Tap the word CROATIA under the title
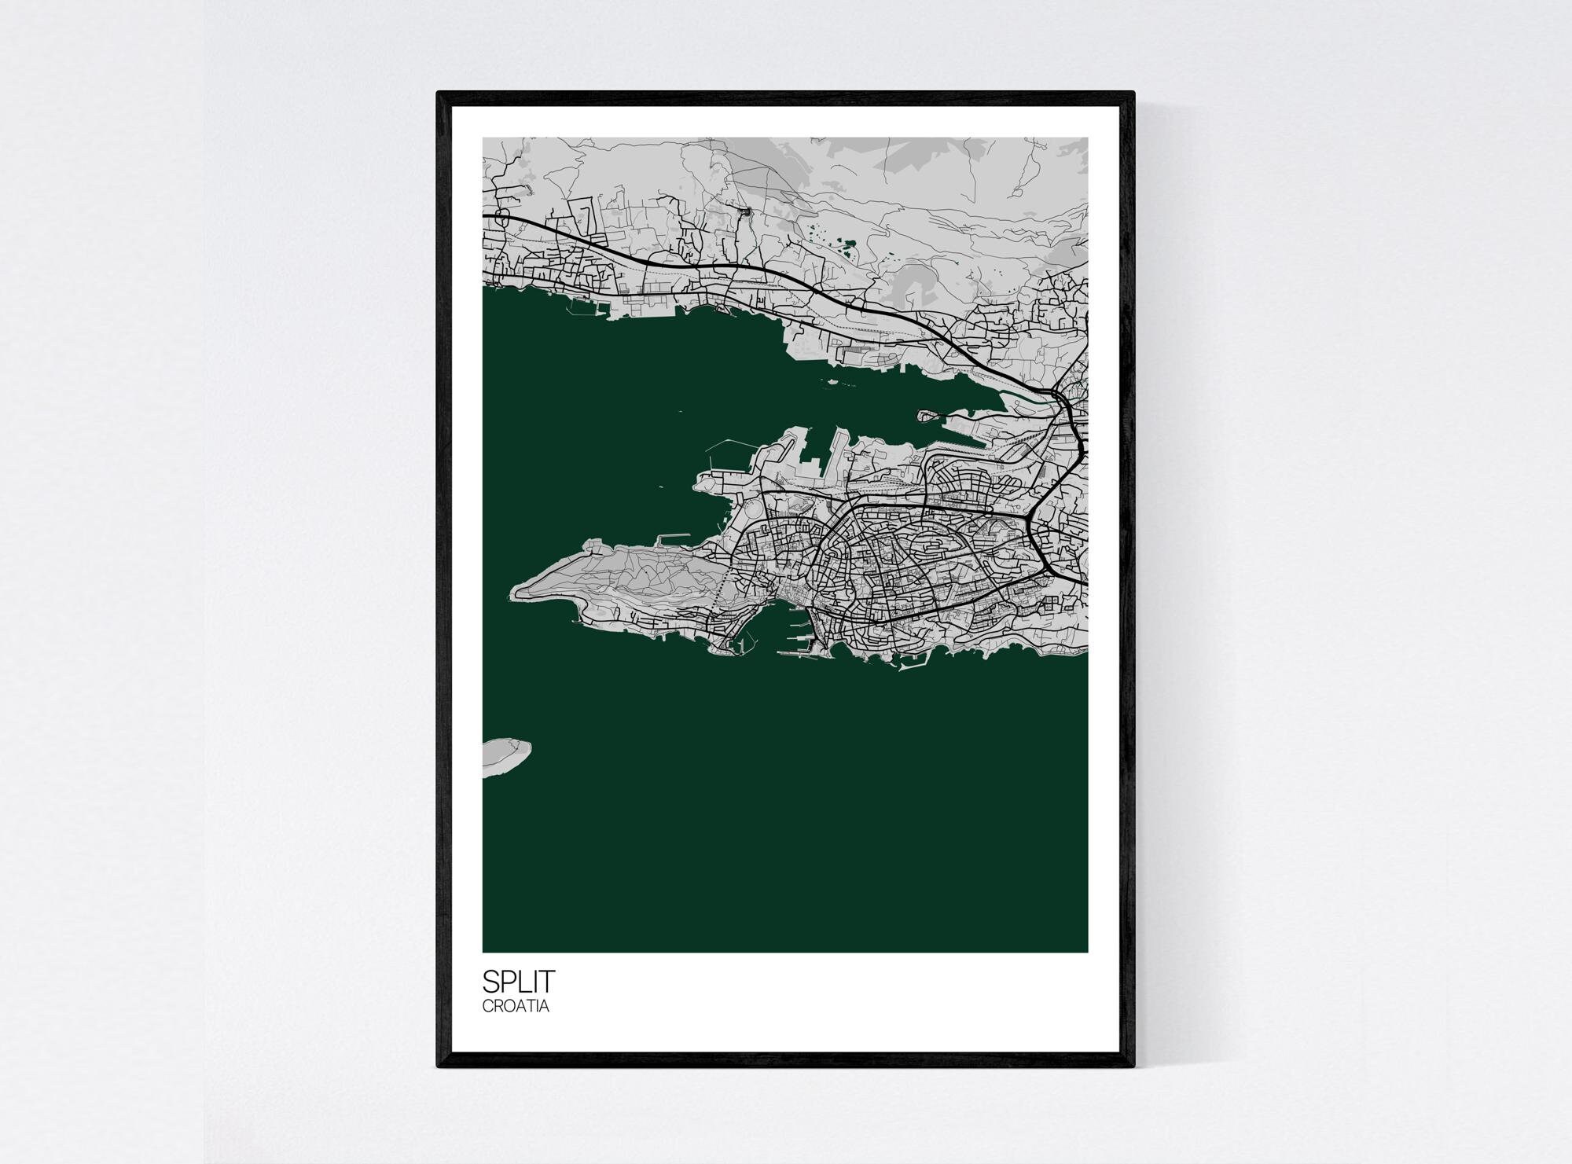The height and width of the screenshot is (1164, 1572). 516,1006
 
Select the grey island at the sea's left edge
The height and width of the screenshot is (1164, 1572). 503,757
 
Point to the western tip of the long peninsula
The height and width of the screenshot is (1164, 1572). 514,591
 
